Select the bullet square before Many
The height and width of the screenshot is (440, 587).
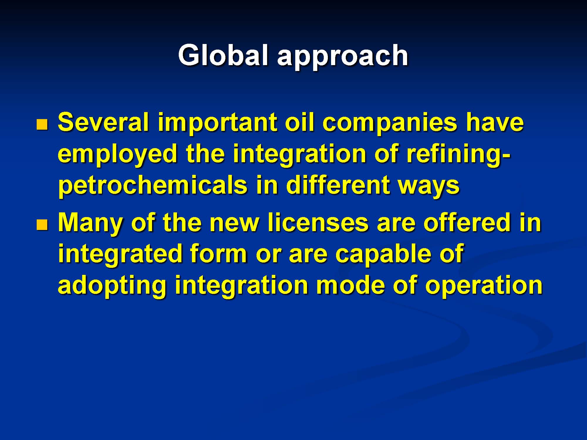[42, 225]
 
